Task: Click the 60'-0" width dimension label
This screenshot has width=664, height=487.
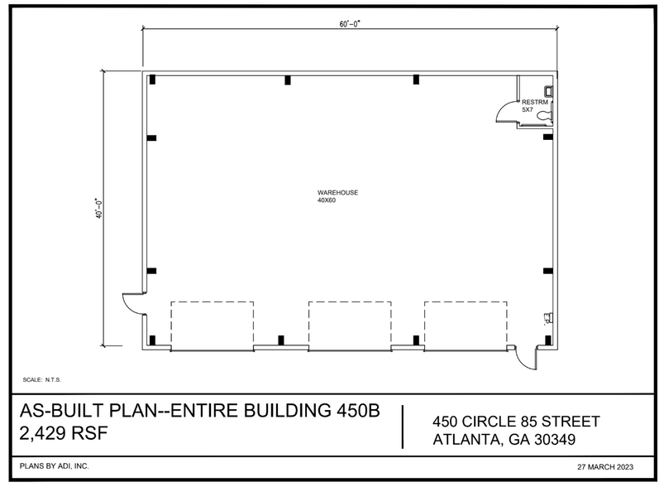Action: [349, 25]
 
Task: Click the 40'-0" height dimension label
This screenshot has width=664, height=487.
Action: [98, 208]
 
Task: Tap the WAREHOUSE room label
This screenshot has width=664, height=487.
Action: [337, 193]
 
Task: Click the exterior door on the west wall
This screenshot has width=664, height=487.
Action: [132, 304]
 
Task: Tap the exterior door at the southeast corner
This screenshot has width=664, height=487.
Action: [523, 359]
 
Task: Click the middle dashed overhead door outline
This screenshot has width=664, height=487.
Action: [350, 325]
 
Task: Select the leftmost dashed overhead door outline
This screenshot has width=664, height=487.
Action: [212, 325]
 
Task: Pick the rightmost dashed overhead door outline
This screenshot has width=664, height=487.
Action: [465, 325]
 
